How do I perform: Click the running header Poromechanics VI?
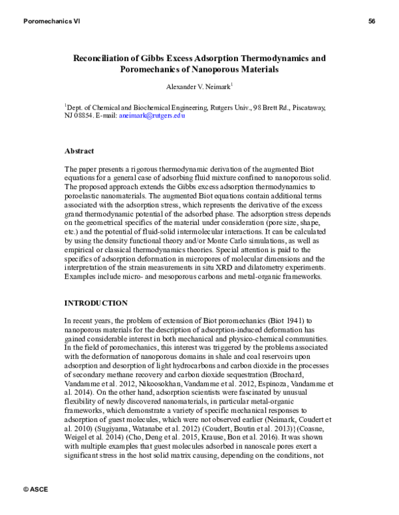tap(52, 22)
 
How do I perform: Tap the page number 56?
tap(372, 22)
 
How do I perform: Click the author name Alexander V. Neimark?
tap(198, 86)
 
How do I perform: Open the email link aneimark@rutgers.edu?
tap(152, 115)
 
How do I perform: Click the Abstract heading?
tap(79, 151)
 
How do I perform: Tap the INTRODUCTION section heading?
tap(96, 303)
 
